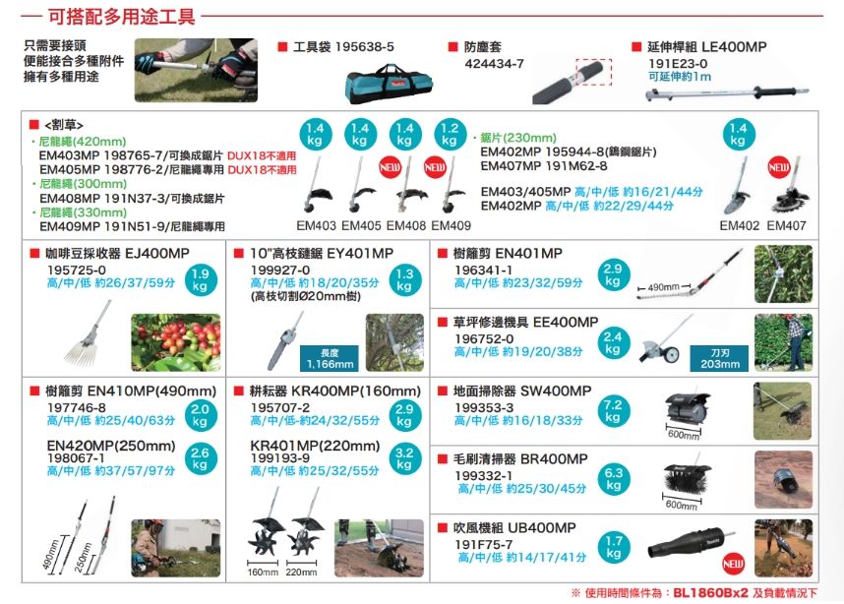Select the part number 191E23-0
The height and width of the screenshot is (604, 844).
click(x=678, y=63)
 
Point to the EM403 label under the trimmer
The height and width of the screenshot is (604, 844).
click(x=317, y=225)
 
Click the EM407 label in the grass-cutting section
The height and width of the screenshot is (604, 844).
click(x=786, y=225)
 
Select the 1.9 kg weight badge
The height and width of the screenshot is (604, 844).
click(x=200, y=280)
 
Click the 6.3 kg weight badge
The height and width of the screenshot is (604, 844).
click(x=613, y=479)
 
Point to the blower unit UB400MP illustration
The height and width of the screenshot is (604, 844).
click(x=690, y=544)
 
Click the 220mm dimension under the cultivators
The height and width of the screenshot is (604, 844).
click(x=301, y=572)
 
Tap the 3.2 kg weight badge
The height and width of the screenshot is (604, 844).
click(x=401, y=458)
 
